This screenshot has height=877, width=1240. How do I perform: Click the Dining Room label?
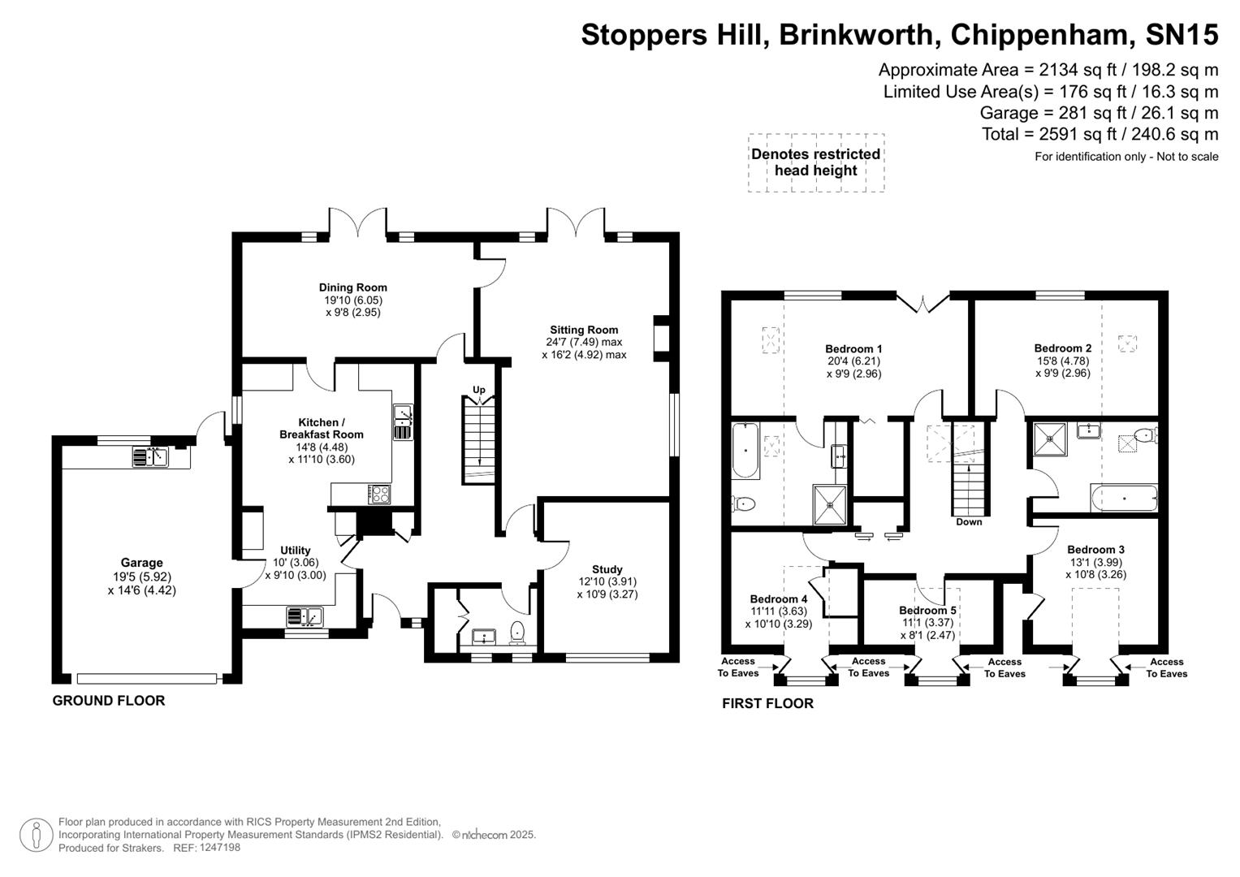coord(352,287)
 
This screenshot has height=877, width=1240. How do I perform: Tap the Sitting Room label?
coord(584,330)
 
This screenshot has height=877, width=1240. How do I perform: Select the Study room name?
coord(607,569)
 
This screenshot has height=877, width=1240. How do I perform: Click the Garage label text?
coord(141,563)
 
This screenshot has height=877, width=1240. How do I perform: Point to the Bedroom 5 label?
coord(927,611)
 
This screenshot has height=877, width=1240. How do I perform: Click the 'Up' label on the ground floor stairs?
coord(479,390)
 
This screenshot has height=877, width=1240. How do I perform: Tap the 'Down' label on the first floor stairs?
coord(969,522)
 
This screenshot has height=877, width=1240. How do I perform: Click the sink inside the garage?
coord(150,457)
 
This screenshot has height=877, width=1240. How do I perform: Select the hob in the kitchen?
coord(379,494)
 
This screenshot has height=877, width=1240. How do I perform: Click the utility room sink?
coord(305,617)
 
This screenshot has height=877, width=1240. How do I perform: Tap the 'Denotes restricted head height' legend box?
coord(815,162)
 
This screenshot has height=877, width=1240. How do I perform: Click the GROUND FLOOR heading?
coord(109,701)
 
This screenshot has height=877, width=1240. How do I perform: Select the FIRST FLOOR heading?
coord(767,703)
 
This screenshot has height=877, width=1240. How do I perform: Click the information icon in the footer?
coord(36,835)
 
